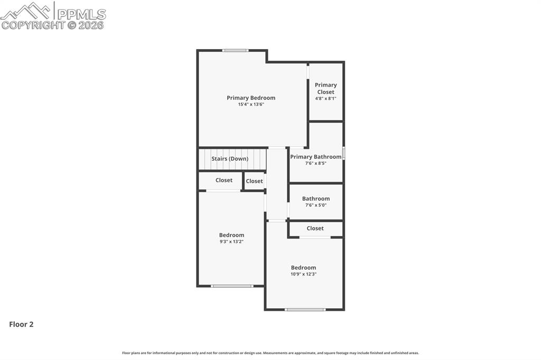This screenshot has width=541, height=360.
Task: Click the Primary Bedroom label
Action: (251, 98)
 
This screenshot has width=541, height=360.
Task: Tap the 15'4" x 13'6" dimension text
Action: (251, 105)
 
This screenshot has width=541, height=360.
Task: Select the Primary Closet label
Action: (325, 88)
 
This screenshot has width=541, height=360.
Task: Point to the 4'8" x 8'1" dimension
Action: (325, 98)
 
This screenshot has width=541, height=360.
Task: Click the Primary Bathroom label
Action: (316, 157)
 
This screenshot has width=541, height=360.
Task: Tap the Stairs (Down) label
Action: (230, 158)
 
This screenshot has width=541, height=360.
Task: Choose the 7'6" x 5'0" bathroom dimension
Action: (316, 205)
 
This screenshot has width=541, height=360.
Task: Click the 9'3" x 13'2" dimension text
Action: (231, 242)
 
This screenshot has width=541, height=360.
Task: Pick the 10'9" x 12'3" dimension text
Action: (303, 274)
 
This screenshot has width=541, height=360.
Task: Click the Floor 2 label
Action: (21, 325)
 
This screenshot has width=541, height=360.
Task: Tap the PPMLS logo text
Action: (81, 14)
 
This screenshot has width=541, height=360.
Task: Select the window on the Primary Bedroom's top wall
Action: (235, 51)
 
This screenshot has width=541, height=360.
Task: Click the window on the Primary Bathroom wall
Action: (344, 154)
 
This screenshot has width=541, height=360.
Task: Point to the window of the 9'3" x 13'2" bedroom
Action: (232, 286)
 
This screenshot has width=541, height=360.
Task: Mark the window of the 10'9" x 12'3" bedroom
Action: (305, 309)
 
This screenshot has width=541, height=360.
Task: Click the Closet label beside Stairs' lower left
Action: (224, 181)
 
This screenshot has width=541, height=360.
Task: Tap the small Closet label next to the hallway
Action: (254, 181)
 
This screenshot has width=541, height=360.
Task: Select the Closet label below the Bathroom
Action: (315, 229)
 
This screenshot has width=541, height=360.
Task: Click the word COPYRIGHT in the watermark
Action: (33, 25)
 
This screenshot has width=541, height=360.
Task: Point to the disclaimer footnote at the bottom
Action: (270, 353)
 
